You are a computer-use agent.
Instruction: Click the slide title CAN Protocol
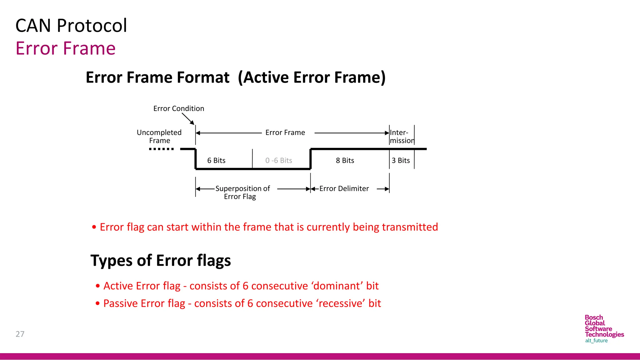71,26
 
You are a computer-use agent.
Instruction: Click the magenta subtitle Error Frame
66,48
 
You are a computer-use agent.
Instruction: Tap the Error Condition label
178,108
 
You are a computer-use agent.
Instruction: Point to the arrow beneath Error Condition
188,119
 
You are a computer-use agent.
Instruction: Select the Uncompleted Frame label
159,137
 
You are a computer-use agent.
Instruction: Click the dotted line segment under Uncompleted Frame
161,149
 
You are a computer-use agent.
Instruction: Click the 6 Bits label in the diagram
216,161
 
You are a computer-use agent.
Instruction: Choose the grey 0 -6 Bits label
278,161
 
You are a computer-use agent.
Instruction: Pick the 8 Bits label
345,161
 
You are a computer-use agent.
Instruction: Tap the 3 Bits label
401,161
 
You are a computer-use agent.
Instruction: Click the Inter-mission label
402,137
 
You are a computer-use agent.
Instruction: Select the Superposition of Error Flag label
242,192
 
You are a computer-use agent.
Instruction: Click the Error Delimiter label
344,189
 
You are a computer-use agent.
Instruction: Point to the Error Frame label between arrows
285,132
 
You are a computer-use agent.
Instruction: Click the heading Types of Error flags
161,261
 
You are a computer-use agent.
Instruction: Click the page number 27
20,334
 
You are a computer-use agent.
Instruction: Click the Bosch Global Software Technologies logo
604,329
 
